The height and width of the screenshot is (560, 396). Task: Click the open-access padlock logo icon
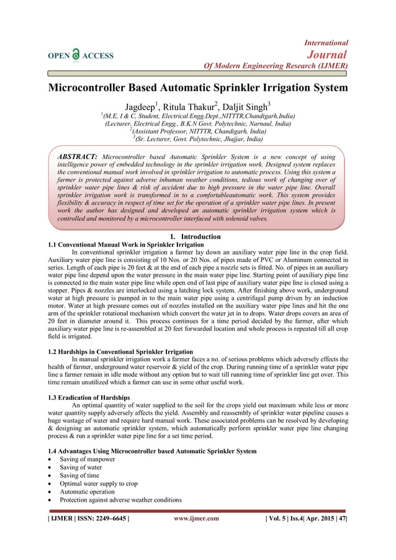pyautogui.click(x=76, y=55)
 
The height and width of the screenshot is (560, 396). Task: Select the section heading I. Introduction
pyautogui.click(x=196, y=237)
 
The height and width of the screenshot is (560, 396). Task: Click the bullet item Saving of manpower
pyautogui.click(x=88, y=459)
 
